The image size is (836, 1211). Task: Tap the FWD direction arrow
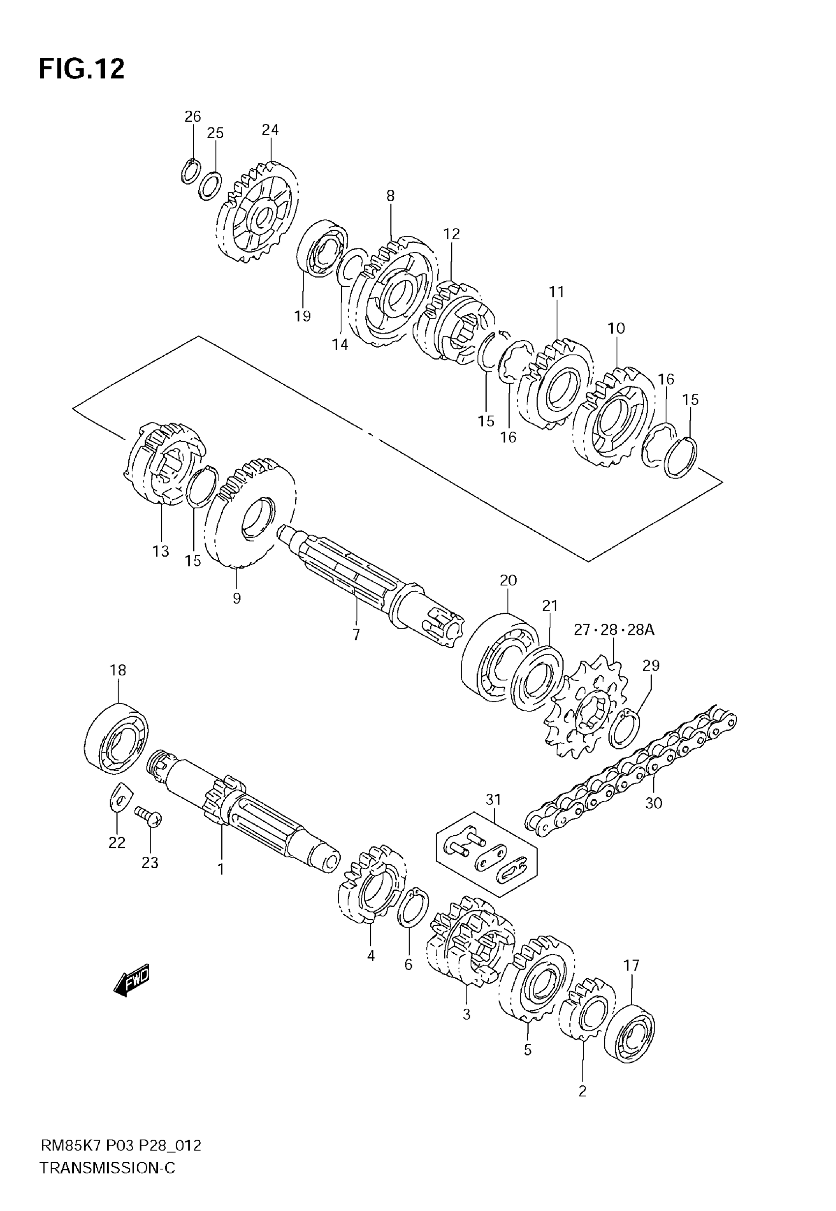[x=131, y=979]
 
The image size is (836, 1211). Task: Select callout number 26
[x=193, y=116]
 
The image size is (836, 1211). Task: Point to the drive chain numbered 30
[x=631, y=770]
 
